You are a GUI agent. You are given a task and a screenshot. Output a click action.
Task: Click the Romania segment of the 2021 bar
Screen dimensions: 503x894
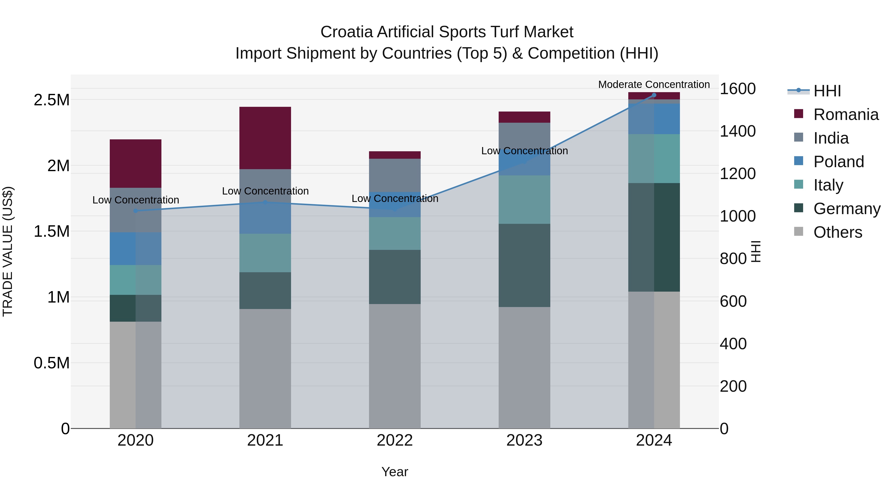[265, 138]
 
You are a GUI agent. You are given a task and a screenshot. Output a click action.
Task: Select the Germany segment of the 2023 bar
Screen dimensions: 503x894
[524, 265]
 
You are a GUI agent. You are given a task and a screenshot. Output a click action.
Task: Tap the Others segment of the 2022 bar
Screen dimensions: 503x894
[395, 366]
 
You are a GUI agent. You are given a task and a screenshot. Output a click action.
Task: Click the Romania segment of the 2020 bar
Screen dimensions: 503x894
[135, 163]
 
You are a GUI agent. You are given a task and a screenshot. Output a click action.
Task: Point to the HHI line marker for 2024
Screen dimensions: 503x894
[654, 95]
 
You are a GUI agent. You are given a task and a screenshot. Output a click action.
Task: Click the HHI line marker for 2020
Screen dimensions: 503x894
[135, 211]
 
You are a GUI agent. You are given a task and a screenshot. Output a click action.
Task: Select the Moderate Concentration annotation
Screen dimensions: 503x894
[654, 84]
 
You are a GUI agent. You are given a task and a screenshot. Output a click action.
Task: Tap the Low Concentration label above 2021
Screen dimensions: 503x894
[265, 191]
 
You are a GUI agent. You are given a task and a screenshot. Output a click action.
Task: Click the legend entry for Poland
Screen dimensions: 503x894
[838, 162]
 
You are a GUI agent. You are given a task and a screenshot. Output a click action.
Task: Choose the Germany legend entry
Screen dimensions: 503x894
[847, 209]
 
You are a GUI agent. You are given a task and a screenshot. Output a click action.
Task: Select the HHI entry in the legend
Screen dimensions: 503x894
[827, 91]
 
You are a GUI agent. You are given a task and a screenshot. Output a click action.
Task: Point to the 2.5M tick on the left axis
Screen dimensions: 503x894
[51, 100]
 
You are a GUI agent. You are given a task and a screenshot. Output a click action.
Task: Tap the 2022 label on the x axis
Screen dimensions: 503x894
[395, 440]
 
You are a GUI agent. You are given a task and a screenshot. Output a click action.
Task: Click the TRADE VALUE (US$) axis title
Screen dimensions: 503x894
[8, 251]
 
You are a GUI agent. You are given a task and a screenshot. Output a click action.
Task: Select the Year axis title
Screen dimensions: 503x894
[395, 472]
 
